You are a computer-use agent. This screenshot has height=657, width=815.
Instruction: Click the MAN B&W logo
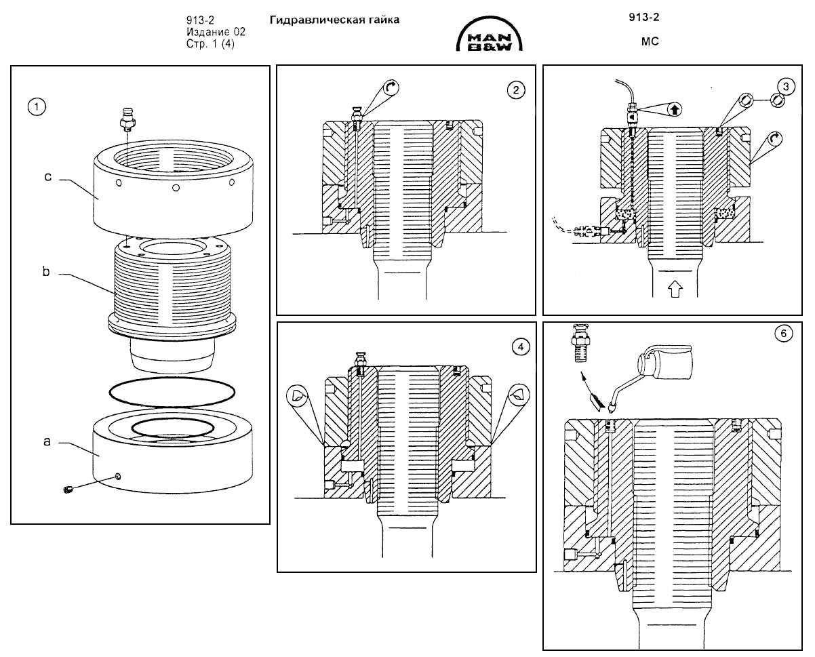pyautogui.click(x=489, y=34)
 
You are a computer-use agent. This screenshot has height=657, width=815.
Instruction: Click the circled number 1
pyautogui.click(x=37, y=107)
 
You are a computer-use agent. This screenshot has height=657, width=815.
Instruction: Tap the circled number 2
pyautogui.click(x=516, y=90)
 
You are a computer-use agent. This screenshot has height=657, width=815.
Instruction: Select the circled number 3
pyautogui.click(x=786, y=87)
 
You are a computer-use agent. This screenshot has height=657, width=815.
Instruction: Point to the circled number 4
pyautogui.click(x=521, y=347)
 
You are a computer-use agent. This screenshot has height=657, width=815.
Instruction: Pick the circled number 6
pyautogui.click(x=784, y=334)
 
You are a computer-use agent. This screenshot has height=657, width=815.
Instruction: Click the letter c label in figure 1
pyautogui.click(x=47, y=177)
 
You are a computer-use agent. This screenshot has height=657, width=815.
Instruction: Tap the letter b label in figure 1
pyautogui.click(x=46, y=271)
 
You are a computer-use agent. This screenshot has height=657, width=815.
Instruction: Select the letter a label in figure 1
pyautogui.click(x=47, y=441)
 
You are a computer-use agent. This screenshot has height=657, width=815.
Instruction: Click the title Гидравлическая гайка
pyautogui.click(x=334, y=20)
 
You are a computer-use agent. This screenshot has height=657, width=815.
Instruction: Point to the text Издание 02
pyautogui.click(x=216, y=32)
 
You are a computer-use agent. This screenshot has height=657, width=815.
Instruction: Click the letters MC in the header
pyautogui.click(x=650, y=41)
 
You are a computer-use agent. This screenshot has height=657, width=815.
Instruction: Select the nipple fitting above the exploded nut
pyautogui.click(x=128, y=119)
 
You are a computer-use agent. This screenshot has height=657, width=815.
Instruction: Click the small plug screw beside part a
pyautogui.click(x=68, y=490)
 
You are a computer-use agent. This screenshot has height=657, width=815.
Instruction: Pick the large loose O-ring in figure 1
pyautogui.click(x=172, y=393)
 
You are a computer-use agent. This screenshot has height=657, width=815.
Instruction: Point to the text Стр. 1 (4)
pyautogui.click(x=210, y=44)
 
